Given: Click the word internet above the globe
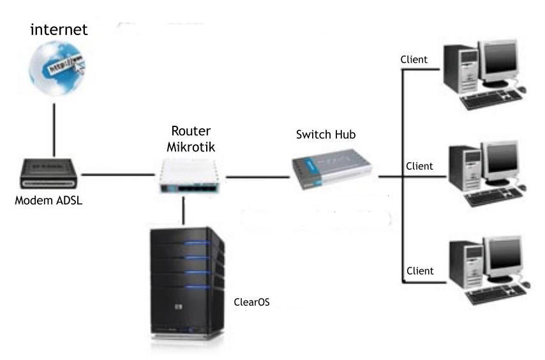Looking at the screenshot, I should (59, 29).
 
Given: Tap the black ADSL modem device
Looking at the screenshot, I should (49, 174).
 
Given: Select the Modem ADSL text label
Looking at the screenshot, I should (49, 202).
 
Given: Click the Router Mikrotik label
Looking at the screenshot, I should (191, 139).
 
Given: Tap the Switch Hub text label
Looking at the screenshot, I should (325, 135).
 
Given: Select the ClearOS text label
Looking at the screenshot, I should (251, 302).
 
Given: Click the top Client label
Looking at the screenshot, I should (414, 59).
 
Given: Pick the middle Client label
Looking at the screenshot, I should (419, 166).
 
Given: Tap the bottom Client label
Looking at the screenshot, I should (420, 271).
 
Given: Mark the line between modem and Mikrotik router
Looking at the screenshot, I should (119, 174).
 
